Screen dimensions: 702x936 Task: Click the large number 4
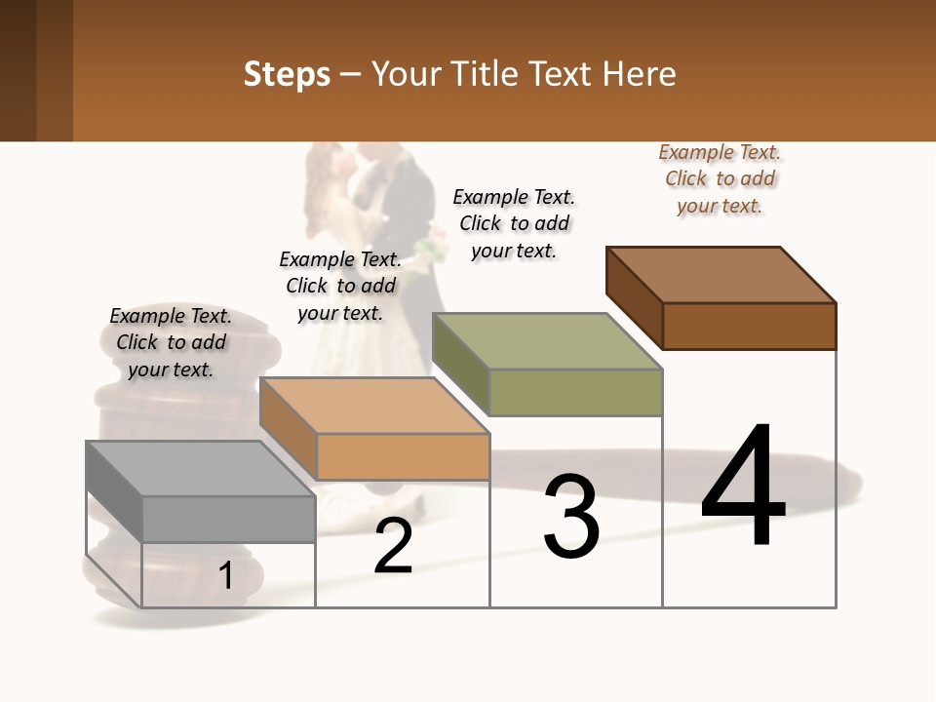[743, 487]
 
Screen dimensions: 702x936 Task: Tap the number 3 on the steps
[570, 517]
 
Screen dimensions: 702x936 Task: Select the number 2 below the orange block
[393, 546]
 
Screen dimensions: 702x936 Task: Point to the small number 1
[226, 576]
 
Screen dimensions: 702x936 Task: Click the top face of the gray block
[200, 468]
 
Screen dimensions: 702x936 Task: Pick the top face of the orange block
[374, 406]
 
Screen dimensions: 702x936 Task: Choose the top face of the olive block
[547, 341]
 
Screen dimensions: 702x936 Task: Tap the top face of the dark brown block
[721, 274]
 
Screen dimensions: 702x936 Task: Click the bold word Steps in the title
[287, 74]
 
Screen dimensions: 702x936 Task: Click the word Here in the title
[640, 74]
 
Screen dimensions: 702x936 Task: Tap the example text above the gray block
[171, 342]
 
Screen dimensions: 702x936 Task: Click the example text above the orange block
[340, 286]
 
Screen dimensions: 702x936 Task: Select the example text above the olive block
[514, 223]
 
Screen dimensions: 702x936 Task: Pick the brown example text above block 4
[720, 178]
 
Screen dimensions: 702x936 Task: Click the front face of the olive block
[575, 393]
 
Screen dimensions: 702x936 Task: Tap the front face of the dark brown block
[749, 326]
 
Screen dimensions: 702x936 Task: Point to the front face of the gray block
[228, 519]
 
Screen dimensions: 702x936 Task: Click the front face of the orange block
[403, 456]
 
